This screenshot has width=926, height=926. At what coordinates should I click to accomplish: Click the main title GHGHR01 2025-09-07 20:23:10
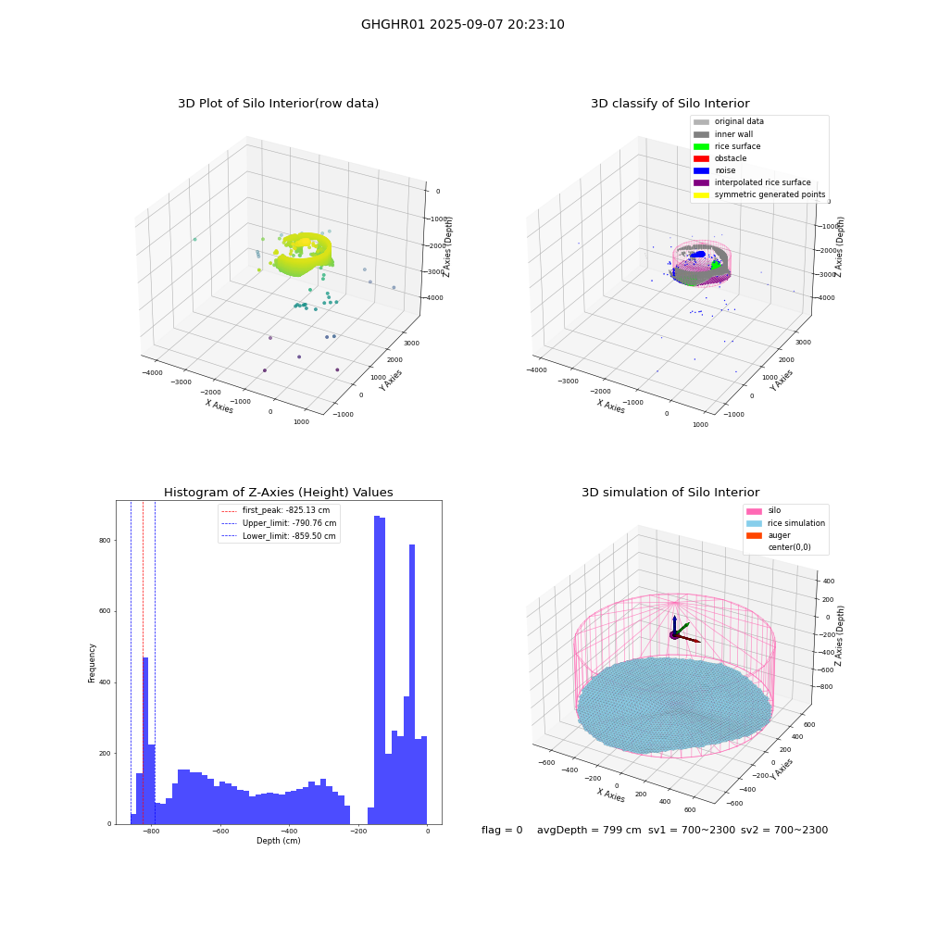coord(462,24)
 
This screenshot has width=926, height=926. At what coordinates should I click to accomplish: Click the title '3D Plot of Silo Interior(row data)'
coord(278,104)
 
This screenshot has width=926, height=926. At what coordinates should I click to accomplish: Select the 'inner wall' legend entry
coord(723,134)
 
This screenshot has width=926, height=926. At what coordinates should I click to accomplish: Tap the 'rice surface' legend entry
coord(726,146)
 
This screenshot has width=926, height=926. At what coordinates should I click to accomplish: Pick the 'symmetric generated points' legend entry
coord(759,194)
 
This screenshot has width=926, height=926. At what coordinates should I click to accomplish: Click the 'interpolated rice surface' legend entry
coord(752,182)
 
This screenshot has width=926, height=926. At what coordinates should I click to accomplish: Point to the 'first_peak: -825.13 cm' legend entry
coord(276,510)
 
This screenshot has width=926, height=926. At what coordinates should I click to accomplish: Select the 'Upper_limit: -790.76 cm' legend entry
coord(279,523)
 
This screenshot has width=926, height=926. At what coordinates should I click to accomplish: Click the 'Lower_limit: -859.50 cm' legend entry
coord(278,536)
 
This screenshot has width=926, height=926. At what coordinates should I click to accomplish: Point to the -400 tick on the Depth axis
coord(289,831)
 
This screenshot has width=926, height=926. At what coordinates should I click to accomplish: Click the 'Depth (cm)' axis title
coord(278,841)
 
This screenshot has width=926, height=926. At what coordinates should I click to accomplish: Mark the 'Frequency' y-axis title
coord(92,663)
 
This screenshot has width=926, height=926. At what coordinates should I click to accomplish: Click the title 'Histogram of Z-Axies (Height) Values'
coord(278,493)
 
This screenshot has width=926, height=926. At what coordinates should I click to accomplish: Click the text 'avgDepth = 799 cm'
coord(589,830)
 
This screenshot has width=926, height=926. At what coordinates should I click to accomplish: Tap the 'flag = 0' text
coord(502,830)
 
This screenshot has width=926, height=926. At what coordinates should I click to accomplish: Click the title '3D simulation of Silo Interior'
coord(670,493)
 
